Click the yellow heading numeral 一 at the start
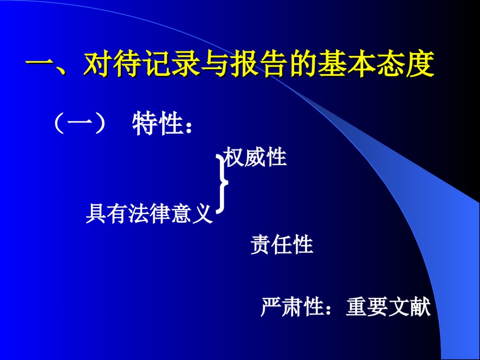(40, 65)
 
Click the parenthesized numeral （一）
(80, 123)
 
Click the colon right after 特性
(188, 126)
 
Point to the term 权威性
(255, 157)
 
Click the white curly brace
(222, 183)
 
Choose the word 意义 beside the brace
(191, 213)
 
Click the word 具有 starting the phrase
(107, 213)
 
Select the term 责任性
(281, 244)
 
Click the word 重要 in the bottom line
(367, 306)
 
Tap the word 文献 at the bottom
(410, 306)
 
